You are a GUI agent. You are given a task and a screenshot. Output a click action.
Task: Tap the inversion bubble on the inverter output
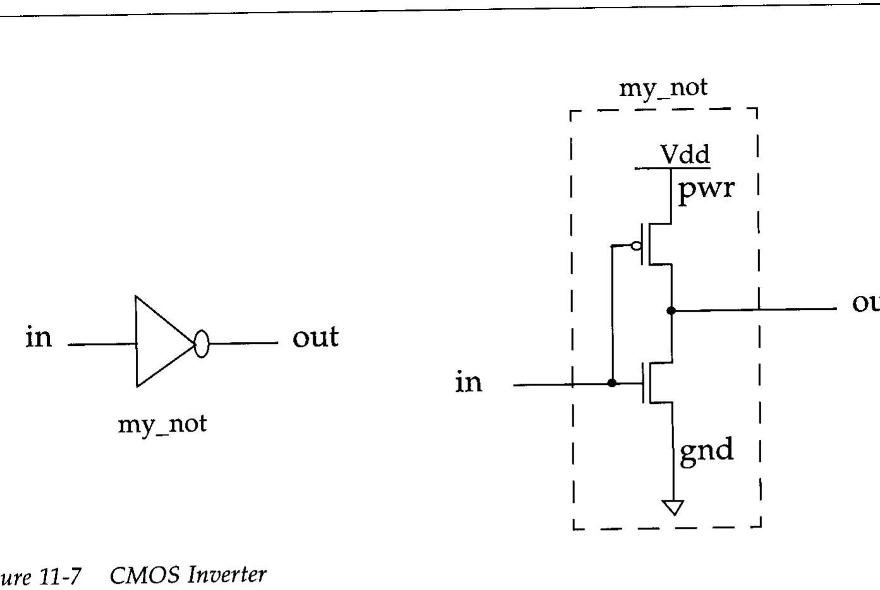[201, 344]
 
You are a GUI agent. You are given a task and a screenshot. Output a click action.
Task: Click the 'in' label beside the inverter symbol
[39, 337]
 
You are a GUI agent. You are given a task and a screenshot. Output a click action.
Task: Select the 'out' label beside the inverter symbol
[315, 337]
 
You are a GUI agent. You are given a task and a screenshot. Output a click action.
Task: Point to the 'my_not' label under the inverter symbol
[162, 423]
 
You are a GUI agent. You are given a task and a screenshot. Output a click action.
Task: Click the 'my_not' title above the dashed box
[663, 88]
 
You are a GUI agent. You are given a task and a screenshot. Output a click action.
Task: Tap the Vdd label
[685, 154]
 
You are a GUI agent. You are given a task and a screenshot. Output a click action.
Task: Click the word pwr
[706, 188]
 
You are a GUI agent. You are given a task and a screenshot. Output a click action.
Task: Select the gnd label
[706, 451]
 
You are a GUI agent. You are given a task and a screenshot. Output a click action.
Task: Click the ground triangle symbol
[673, 507]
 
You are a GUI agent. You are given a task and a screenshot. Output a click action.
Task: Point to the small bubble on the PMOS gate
[637, 245]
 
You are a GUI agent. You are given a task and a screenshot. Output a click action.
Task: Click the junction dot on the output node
[671, 310]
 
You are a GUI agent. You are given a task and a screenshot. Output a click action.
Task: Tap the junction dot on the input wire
[612, 383]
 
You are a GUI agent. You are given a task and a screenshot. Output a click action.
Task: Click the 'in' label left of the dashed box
[469, 382]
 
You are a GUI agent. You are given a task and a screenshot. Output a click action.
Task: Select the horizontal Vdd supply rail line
[672, 168]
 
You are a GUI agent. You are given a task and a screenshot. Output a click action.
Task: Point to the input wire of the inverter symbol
[101, 345]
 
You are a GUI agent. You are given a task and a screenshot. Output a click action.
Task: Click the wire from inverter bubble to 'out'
[243, 343]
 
